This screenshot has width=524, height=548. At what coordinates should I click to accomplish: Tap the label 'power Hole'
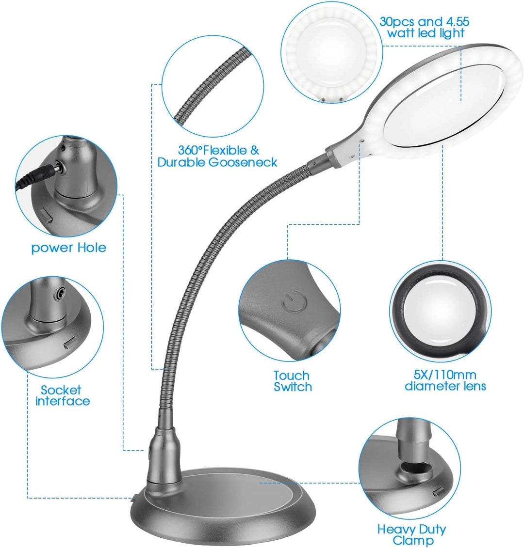(68, 248)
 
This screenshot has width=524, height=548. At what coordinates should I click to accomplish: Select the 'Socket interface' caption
(63, 395)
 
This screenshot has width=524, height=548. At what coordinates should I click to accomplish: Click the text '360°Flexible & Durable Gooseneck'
(217, 156)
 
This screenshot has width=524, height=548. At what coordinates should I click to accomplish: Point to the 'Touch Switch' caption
(292, 381)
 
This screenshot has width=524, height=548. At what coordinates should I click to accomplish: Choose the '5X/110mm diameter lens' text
(445, 380)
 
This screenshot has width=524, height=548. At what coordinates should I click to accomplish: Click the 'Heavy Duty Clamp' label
(411, 535)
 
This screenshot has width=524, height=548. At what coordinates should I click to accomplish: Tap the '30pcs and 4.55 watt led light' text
(425, 27)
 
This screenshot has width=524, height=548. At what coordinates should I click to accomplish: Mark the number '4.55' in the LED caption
(457, 22)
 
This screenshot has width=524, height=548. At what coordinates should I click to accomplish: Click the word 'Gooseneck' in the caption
(243, 162)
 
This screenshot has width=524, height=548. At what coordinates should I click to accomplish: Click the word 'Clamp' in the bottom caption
(413, 541)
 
